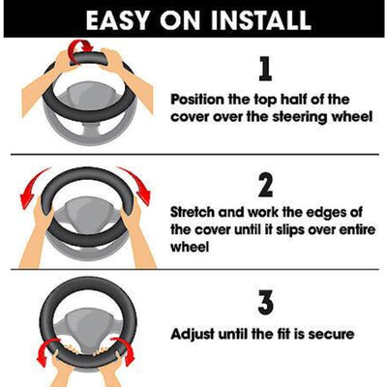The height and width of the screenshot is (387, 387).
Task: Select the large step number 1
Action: pyautogui.click(x=264, y=69)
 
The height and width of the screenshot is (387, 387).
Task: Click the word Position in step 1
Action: pyautogui.click(x=202, y=99)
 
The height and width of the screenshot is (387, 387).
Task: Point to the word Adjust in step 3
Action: pyautogui.click(x=195, y=335)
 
